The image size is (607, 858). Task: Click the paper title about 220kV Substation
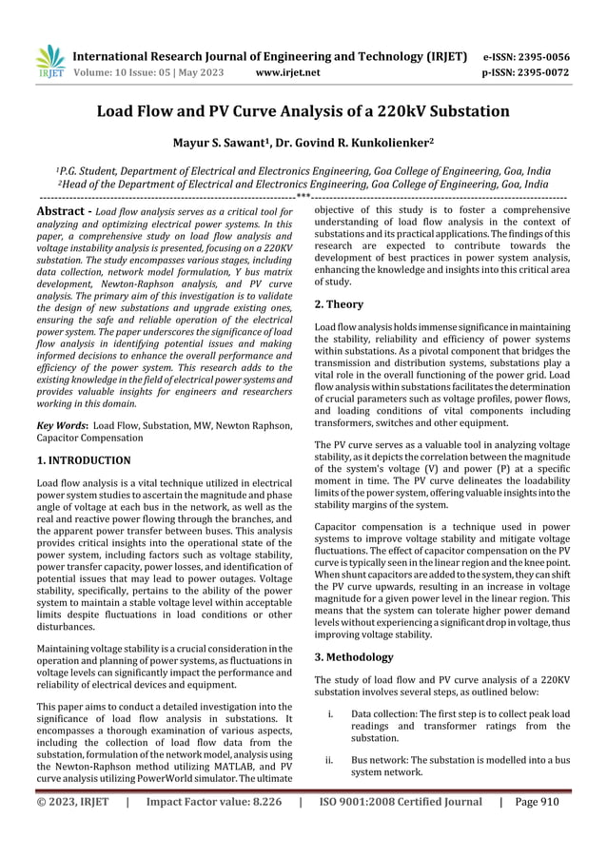303,111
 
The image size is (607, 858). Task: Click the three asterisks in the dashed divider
303,198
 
